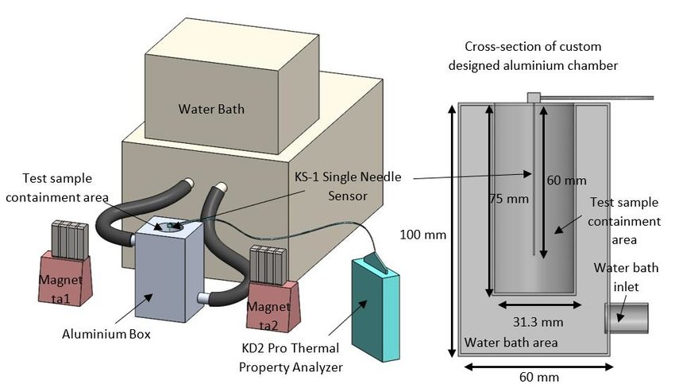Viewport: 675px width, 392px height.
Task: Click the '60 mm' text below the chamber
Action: (530, 377)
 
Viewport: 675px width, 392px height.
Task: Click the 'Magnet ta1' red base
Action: (67, 275)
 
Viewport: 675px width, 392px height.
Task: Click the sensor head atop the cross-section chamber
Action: (533, 98)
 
